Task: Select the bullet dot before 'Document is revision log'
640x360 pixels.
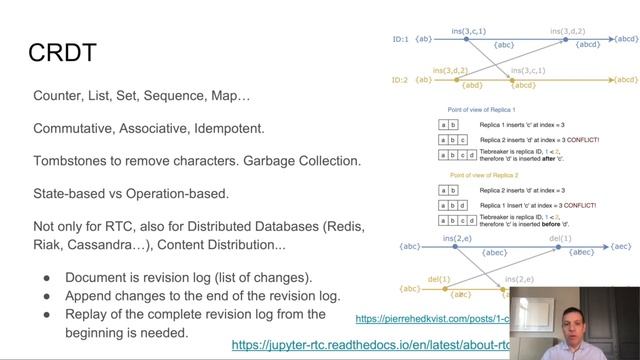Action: click(x=47, y=277)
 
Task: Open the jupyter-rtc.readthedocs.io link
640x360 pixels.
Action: click(x=370, y=344)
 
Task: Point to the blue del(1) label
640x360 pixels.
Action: click(x=561, y=237)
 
